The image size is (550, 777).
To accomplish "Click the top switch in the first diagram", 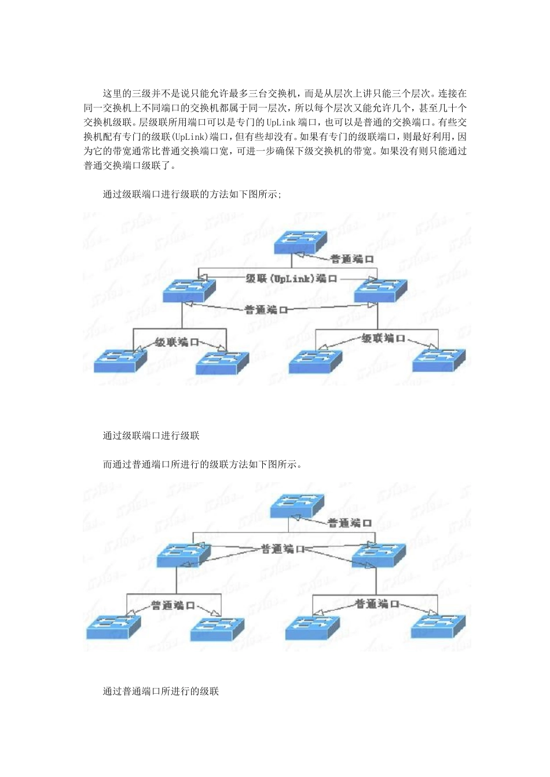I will (300, 241).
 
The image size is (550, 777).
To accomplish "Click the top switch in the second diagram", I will (296, 506).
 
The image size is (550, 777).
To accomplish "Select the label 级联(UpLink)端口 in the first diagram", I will (291, 279).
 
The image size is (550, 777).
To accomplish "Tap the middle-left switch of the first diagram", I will (189, 290).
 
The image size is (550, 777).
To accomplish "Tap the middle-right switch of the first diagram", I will (380, 290).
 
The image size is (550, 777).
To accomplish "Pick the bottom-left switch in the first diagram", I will (120, 361).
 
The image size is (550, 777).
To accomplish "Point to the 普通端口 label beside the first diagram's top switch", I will (351, 259).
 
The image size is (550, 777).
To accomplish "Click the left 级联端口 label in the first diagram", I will (177, 342).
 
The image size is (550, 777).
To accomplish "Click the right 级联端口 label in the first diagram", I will (383, 338).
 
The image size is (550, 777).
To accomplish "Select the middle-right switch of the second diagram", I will (379, 554).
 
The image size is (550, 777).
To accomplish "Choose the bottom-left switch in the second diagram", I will (113, 627).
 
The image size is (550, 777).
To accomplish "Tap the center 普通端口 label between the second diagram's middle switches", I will (283, 549).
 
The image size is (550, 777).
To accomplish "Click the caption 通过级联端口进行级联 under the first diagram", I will (151, 436).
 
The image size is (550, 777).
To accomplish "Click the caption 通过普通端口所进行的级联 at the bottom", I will (161, 691).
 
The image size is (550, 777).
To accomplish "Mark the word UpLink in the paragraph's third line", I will (281, 123).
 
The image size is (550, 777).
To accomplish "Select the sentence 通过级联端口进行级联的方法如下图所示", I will (192, 194).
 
